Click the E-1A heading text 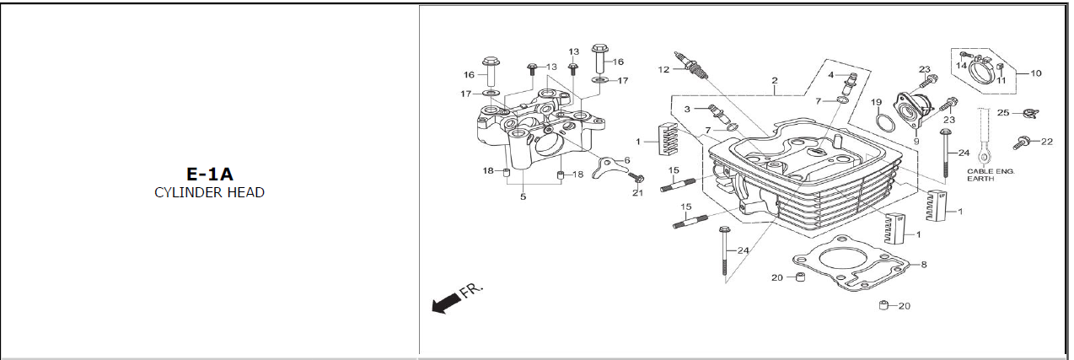(210, 174)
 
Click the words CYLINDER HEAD (210, 193)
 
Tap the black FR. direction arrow (446, 304)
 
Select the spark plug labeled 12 (690, 66)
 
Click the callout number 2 (775, 81)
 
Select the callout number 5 (524, 196)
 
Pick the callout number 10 (1036, 73)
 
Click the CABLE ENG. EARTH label (991, 175)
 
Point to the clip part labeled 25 (1028, 114)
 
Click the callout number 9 (916, 142)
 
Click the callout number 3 (687, 110)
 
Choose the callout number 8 (924, 264)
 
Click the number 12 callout (663, 69)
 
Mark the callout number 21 (637, 193)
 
